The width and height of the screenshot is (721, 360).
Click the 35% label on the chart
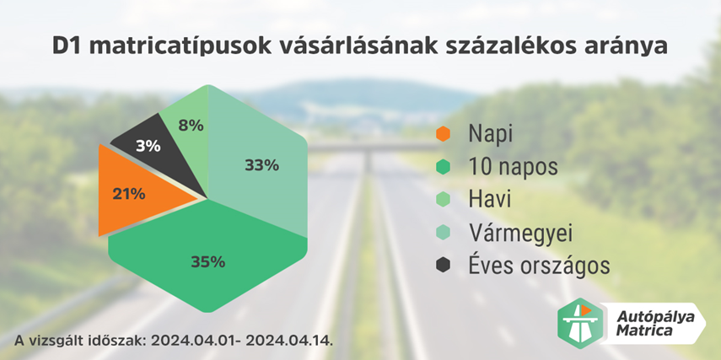coord(207,261)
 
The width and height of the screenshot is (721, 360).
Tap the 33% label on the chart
coord(261,165)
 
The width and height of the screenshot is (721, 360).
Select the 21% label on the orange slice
coord(129,194)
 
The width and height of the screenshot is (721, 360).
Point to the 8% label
coord(191,126)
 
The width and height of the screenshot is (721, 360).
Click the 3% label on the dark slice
coord(148,145)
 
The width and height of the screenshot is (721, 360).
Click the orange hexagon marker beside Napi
coord(444,133)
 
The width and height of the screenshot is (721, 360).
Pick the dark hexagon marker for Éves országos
coord(444,265)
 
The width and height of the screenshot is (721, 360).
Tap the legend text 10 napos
coord(513,166)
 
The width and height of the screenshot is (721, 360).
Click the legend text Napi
coord(490,133)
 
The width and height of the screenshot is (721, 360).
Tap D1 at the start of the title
coord(67,46)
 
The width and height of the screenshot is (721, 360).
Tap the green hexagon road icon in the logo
coord(581,320)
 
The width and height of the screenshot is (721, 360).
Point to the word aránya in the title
coord(626,46)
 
